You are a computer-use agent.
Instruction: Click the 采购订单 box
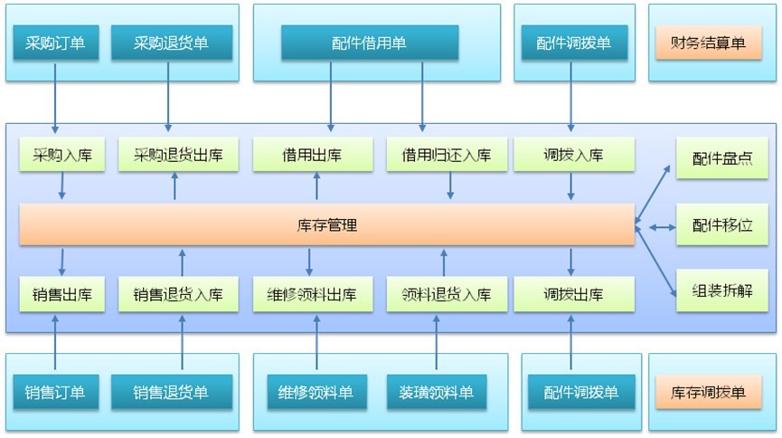[56, 43]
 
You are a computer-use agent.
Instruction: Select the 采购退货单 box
[172, 43]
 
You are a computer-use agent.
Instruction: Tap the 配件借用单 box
[370, 43]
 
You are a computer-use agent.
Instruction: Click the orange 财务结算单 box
[708, 43]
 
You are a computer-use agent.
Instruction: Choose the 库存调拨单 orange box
[708, 393]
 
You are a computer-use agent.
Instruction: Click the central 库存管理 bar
[326, 225]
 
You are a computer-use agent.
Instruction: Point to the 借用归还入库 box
[446, 156]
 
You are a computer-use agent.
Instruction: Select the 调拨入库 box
[573, 156]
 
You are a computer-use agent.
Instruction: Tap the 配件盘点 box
[716, 158]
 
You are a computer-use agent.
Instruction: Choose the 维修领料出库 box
[312, 295]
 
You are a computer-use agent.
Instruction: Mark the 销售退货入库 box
[184, 295]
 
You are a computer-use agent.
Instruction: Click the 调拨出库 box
[573, 295]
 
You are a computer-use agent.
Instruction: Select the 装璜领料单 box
[436, 393]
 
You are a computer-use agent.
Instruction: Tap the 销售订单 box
[56, 393]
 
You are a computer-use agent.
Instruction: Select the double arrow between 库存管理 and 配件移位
[655, 227]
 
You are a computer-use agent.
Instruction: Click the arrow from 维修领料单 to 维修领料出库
[316, 343]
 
